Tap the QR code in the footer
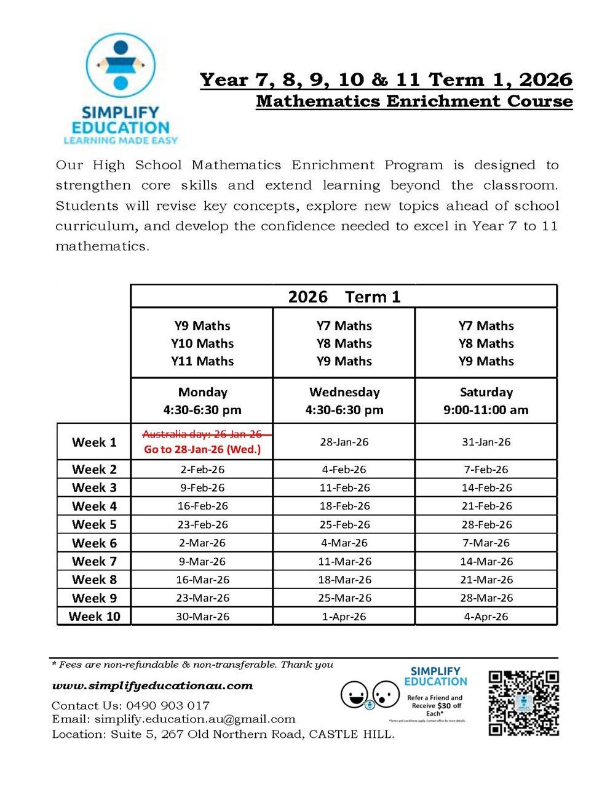tap(523, 703)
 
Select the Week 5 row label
tap(94, 524)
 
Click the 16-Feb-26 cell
tap(202, 506)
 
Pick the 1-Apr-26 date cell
tap(344, 616)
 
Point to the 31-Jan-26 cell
tap(486, 442)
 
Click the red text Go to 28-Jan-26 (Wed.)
tap(202, 449)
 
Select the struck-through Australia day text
tap(202, 434)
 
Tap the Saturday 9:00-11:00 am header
tap(486, 401)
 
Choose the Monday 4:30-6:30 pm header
tap(202, 401)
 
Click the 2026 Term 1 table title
tap(344, 297)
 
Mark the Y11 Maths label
tap(202, 361)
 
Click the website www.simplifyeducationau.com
tap(152, 686)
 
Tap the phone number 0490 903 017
tap(168, 705)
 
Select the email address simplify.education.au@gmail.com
tap(195, 719)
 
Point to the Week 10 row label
tap(94, 616)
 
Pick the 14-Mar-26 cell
tap(486, 561)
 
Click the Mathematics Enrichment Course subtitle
tap(414, 101)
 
